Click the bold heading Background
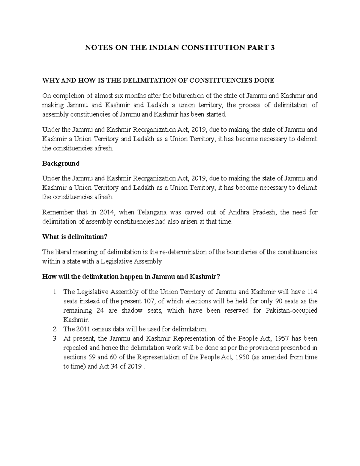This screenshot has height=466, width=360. [61, 164]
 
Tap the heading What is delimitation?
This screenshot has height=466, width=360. [75, 237]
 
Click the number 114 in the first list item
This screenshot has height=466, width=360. [312, 292]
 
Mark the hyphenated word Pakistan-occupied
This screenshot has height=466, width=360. [292, 311]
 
